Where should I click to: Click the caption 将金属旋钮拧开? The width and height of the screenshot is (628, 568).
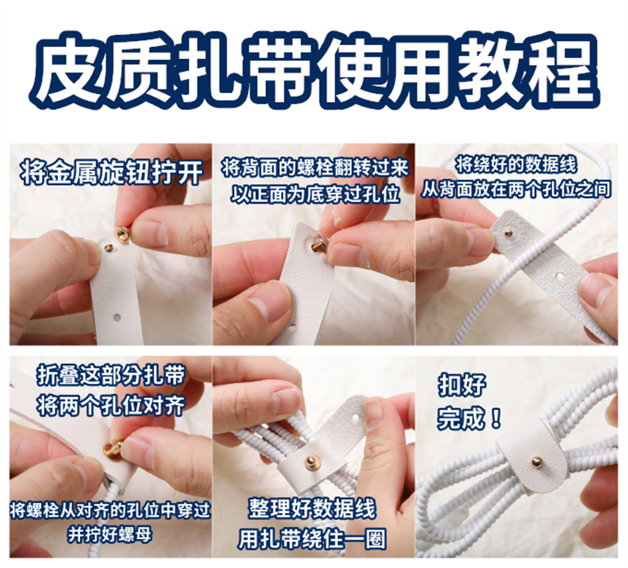[x=111, y=173]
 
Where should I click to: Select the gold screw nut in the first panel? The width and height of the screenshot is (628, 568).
[x=123, y=233]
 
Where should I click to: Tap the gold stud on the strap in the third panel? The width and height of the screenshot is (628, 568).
[x=509, y=233]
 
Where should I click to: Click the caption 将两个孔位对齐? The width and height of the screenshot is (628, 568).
[x=110, y=405]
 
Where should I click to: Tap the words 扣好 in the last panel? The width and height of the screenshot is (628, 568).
[x=462, y=385]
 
